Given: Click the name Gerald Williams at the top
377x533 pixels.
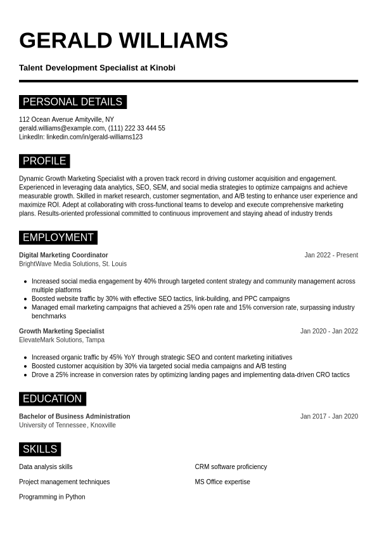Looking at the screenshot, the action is pos(124,41).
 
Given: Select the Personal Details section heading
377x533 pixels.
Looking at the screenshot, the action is pos(72,102).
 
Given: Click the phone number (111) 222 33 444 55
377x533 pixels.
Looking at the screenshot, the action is pos(137,128).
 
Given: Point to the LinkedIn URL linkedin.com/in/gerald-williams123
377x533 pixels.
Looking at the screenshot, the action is pos(94,137).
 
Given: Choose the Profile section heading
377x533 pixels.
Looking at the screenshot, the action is pos(44,161).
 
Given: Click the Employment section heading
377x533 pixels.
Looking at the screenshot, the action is pos(58,238).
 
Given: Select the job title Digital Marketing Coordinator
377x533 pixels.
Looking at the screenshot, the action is pos(63,255).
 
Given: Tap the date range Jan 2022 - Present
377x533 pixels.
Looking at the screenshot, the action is pos(331,255).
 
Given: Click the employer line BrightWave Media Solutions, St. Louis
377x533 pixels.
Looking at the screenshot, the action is pos(73,264).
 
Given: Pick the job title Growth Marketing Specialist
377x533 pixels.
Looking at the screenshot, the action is pos(61,331).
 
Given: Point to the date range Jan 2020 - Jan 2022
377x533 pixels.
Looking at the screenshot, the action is pos(329,331).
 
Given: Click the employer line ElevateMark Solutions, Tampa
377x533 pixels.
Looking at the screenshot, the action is pos(61,340).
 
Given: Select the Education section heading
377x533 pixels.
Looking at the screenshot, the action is pos(52,399).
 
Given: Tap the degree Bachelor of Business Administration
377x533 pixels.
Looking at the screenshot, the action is pos(74,416).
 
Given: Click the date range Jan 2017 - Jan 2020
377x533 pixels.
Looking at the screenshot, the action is pos(329,416).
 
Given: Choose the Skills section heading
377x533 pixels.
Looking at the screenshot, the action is pos(40,449).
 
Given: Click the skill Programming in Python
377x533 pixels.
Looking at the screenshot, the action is pos(52,497).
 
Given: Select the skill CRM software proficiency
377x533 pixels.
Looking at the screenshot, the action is pos(231,467).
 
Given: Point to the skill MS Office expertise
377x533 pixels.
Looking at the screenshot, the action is pos(222,482).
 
